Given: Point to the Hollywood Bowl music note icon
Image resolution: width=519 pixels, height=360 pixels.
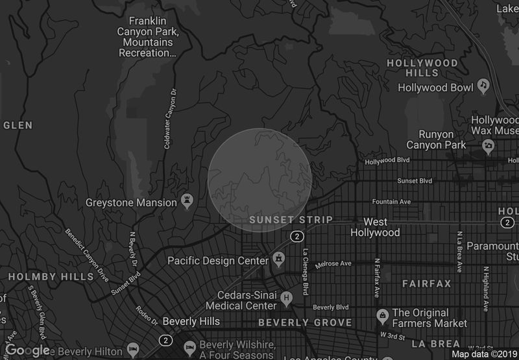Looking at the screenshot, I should (483, 85).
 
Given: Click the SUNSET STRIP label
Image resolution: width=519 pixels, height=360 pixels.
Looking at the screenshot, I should (291, 220).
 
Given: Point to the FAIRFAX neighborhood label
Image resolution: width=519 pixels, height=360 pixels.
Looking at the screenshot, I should (426, 284).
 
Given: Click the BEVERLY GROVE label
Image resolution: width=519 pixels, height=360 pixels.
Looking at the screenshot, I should (305, 322).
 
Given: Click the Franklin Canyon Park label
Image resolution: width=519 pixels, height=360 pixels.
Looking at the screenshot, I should (147, 36).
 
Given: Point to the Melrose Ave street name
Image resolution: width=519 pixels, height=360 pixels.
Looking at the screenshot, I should (333, 264).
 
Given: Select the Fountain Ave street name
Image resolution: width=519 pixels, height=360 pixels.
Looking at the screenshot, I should (392, 202).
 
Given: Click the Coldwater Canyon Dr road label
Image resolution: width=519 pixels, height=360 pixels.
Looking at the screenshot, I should (169, 119).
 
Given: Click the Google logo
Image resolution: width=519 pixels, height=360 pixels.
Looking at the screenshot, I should (27, 350).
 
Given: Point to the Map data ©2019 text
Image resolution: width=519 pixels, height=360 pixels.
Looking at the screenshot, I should (483, 354).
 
